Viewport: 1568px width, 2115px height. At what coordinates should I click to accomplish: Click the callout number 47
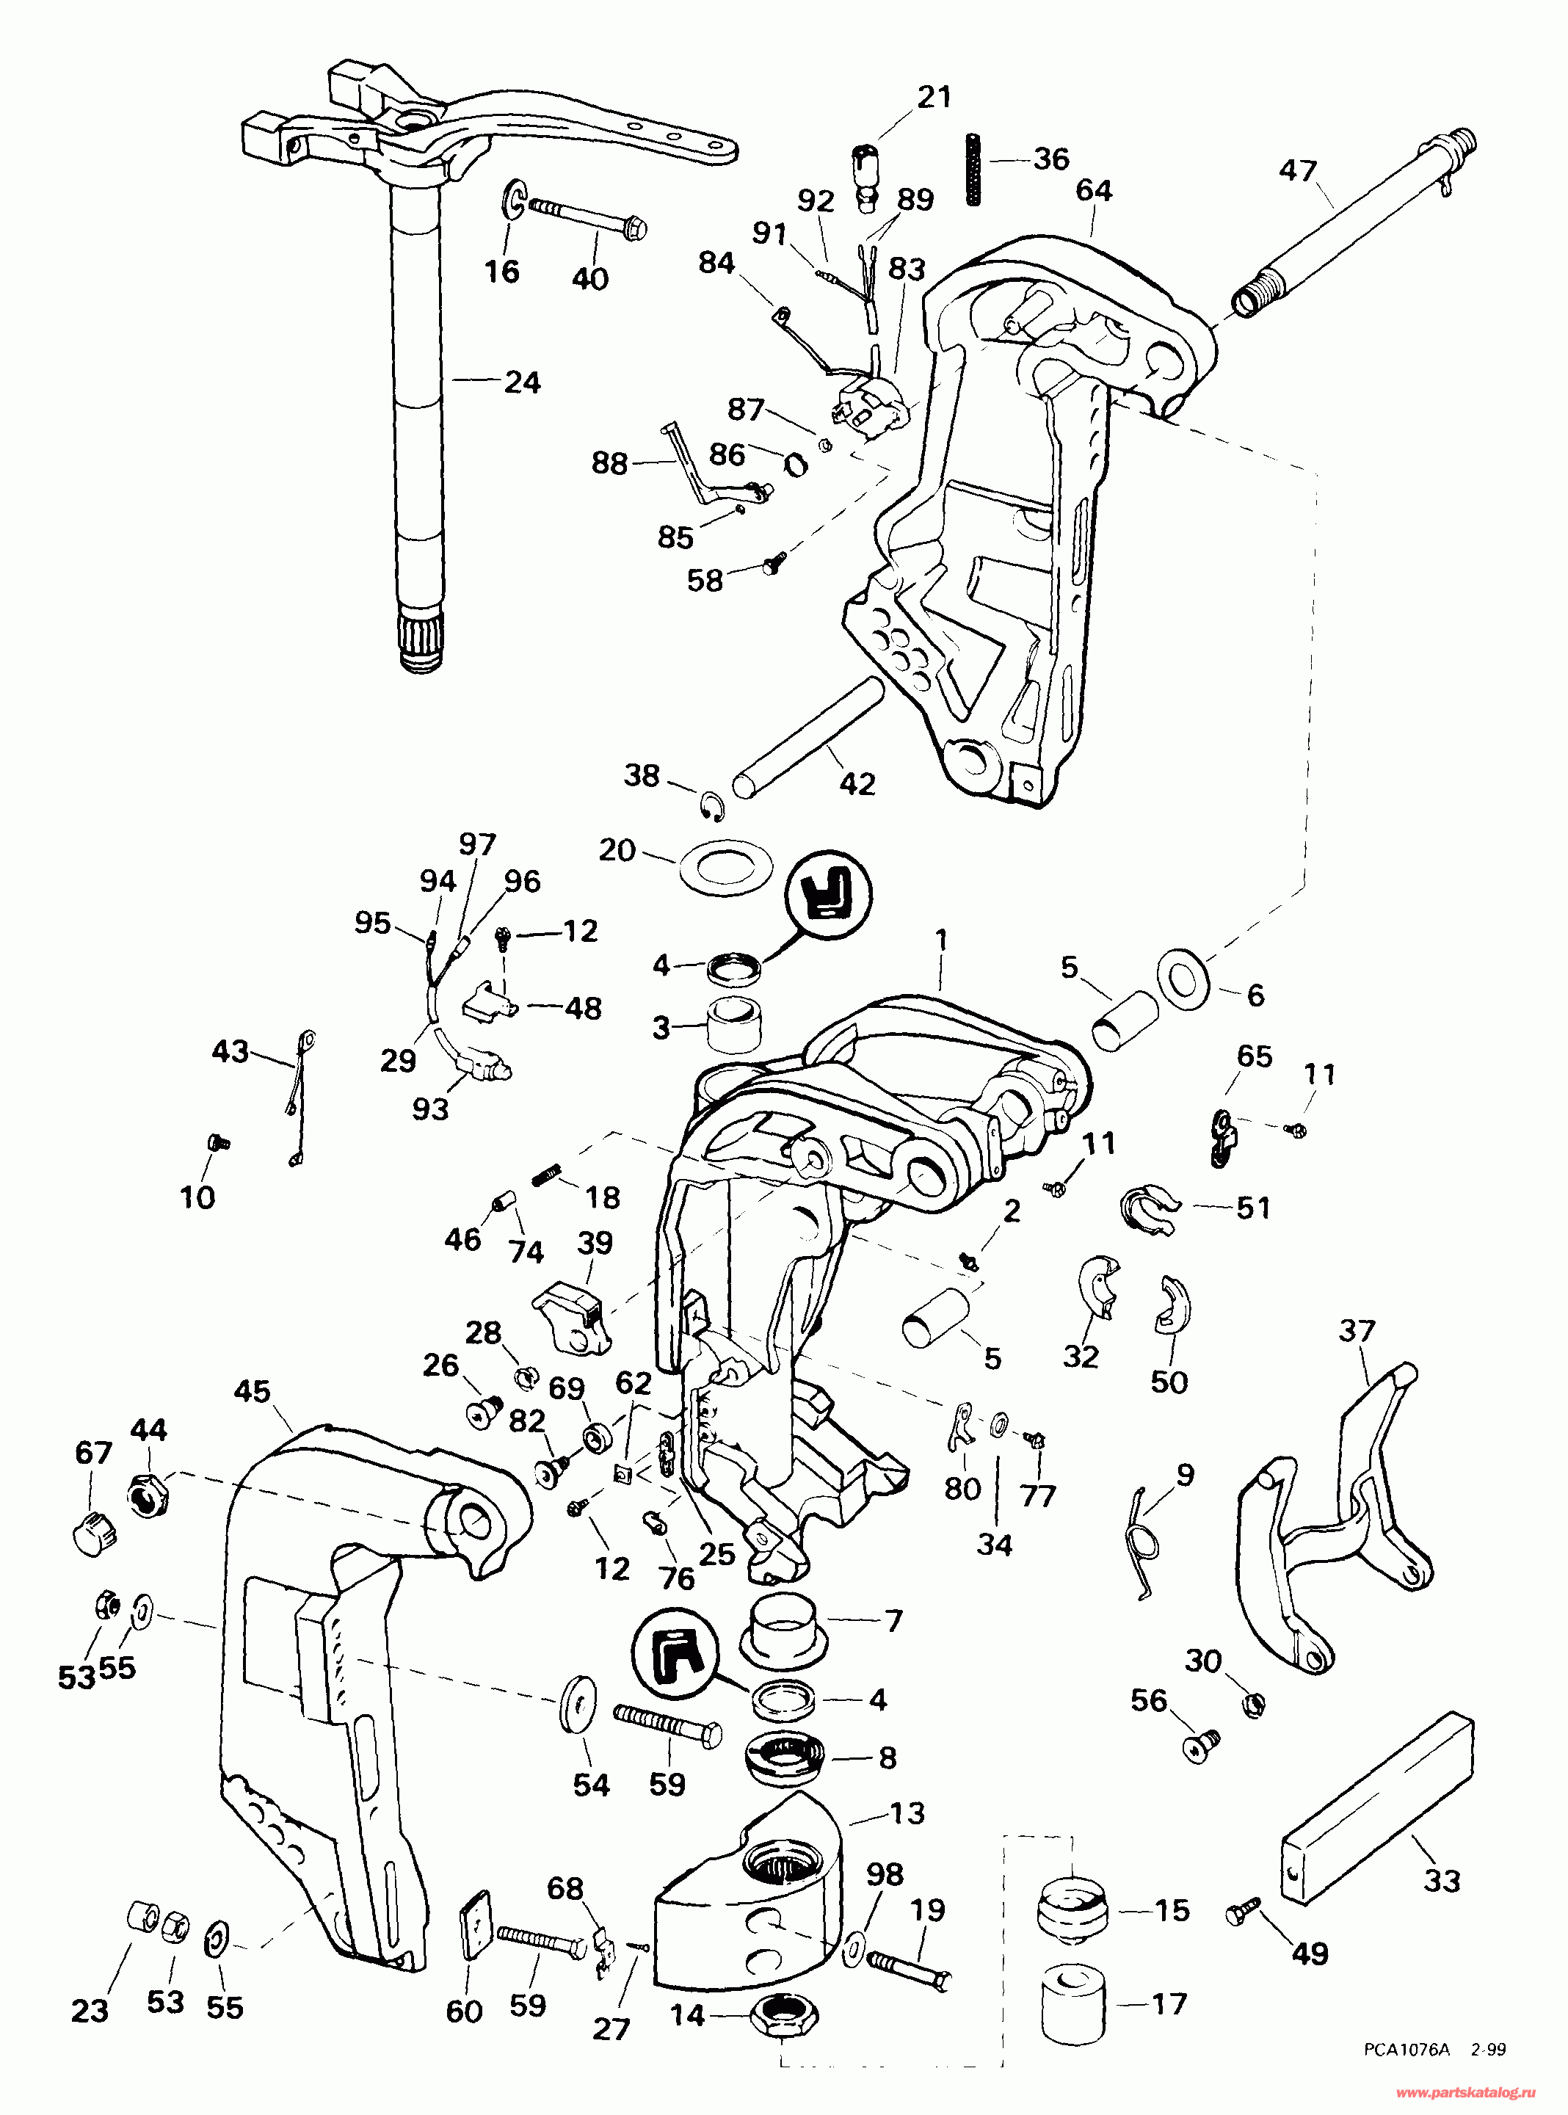click(1298, 171)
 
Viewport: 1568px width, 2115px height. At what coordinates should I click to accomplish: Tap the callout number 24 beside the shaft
click(521, 382)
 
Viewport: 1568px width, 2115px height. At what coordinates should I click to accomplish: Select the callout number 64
click(1094, 191)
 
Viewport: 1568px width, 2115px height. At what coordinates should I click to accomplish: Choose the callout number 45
click(253, 1392)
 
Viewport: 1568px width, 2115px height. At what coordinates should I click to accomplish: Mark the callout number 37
click(1357, 1330)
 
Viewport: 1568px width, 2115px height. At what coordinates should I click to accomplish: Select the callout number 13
click(907, 1813)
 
